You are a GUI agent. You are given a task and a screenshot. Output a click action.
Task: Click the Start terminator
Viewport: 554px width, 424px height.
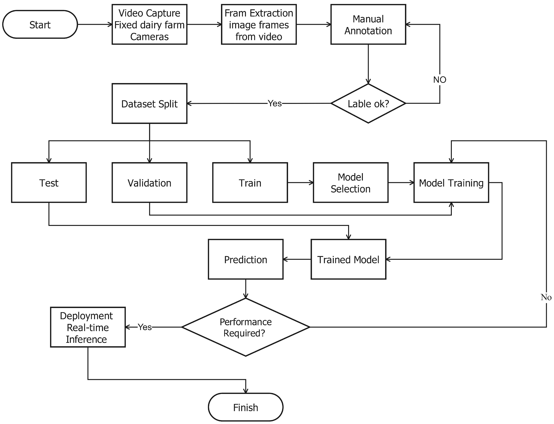tap(40, 24)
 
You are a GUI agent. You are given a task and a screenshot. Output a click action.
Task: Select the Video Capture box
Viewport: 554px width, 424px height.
tap(149, 24)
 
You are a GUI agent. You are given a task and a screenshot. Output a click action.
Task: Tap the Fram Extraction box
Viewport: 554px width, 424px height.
tap(259, 24)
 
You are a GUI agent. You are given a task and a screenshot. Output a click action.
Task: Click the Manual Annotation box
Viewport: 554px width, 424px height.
tap(368, 24)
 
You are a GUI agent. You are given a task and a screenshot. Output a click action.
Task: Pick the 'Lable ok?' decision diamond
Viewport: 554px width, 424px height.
tap(368, 103)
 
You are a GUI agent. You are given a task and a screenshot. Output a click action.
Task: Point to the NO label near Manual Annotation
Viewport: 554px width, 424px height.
tap(440, 80)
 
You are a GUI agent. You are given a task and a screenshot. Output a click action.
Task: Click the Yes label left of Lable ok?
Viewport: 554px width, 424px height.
tap(275, 103)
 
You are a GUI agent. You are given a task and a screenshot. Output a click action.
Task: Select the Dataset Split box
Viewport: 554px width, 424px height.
tap(149, 103)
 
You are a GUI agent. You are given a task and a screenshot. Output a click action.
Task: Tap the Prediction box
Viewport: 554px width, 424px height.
tap(246, 259)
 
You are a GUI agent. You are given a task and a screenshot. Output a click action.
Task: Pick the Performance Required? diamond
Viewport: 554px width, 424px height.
tap(246, 327)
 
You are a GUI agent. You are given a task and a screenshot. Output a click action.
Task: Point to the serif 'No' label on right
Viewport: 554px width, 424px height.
tap(546, 297)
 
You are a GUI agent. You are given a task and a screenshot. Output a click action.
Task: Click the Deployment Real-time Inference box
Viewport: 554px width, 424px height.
tap(88, 327)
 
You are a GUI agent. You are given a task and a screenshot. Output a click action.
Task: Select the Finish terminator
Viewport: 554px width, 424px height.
tap(246, 407)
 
